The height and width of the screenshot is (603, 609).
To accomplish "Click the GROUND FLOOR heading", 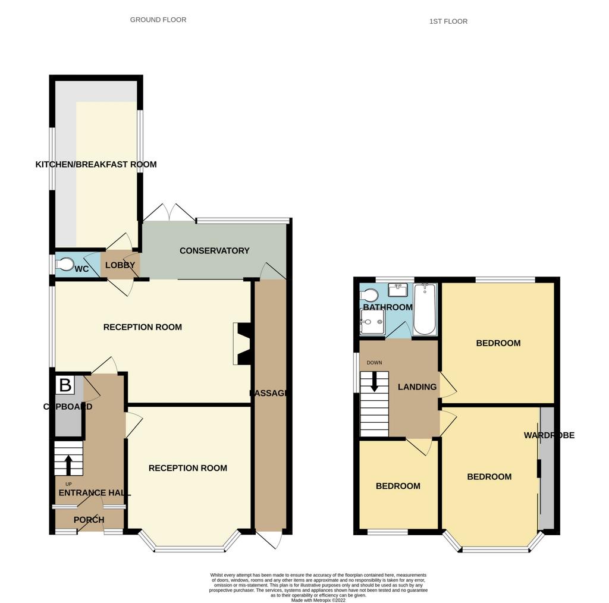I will coord(158,20).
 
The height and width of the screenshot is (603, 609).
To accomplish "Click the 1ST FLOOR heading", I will coord(448,21).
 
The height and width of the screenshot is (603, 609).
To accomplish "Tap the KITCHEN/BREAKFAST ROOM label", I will coord(96,164).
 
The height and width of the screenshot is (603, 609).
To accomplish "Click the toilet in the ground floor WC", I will coord(64,263).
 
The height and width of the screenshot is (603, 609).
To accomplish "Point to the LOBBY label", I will coord(120,266).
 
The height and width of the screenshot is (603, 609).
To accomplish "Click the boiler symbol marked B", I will coord(64,385).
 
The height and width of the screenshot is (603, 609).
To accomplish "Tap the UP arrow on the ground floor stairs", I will coord(69,464).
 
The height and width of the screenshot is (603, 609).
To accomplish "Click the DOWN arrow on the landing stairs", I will coord(374,381).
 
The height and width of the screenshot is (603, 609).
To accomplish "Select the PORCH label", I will coord(89,520).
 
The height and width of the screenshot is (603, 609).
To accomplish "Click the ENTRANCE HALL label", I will coord(94,493).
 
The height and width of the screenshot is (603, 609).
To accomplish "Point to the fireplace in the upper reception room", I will coord(243,344).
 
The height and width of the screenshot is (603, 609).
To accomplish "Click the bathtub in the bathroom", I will coord(424,309).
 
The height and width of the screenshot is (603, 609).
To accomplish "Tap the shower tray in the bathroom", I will coord(372,324).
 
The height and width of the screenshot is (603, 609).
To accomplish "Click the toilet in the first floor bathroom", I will coord(369,294).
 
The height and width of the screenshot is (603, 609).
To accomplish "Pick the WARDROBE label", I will coord(549,435).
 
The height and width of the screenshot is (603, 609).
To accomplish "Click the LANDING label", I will coord(417,387).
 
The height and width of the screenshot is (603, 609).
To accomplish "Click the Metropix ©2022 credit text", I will coord(318,599).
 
